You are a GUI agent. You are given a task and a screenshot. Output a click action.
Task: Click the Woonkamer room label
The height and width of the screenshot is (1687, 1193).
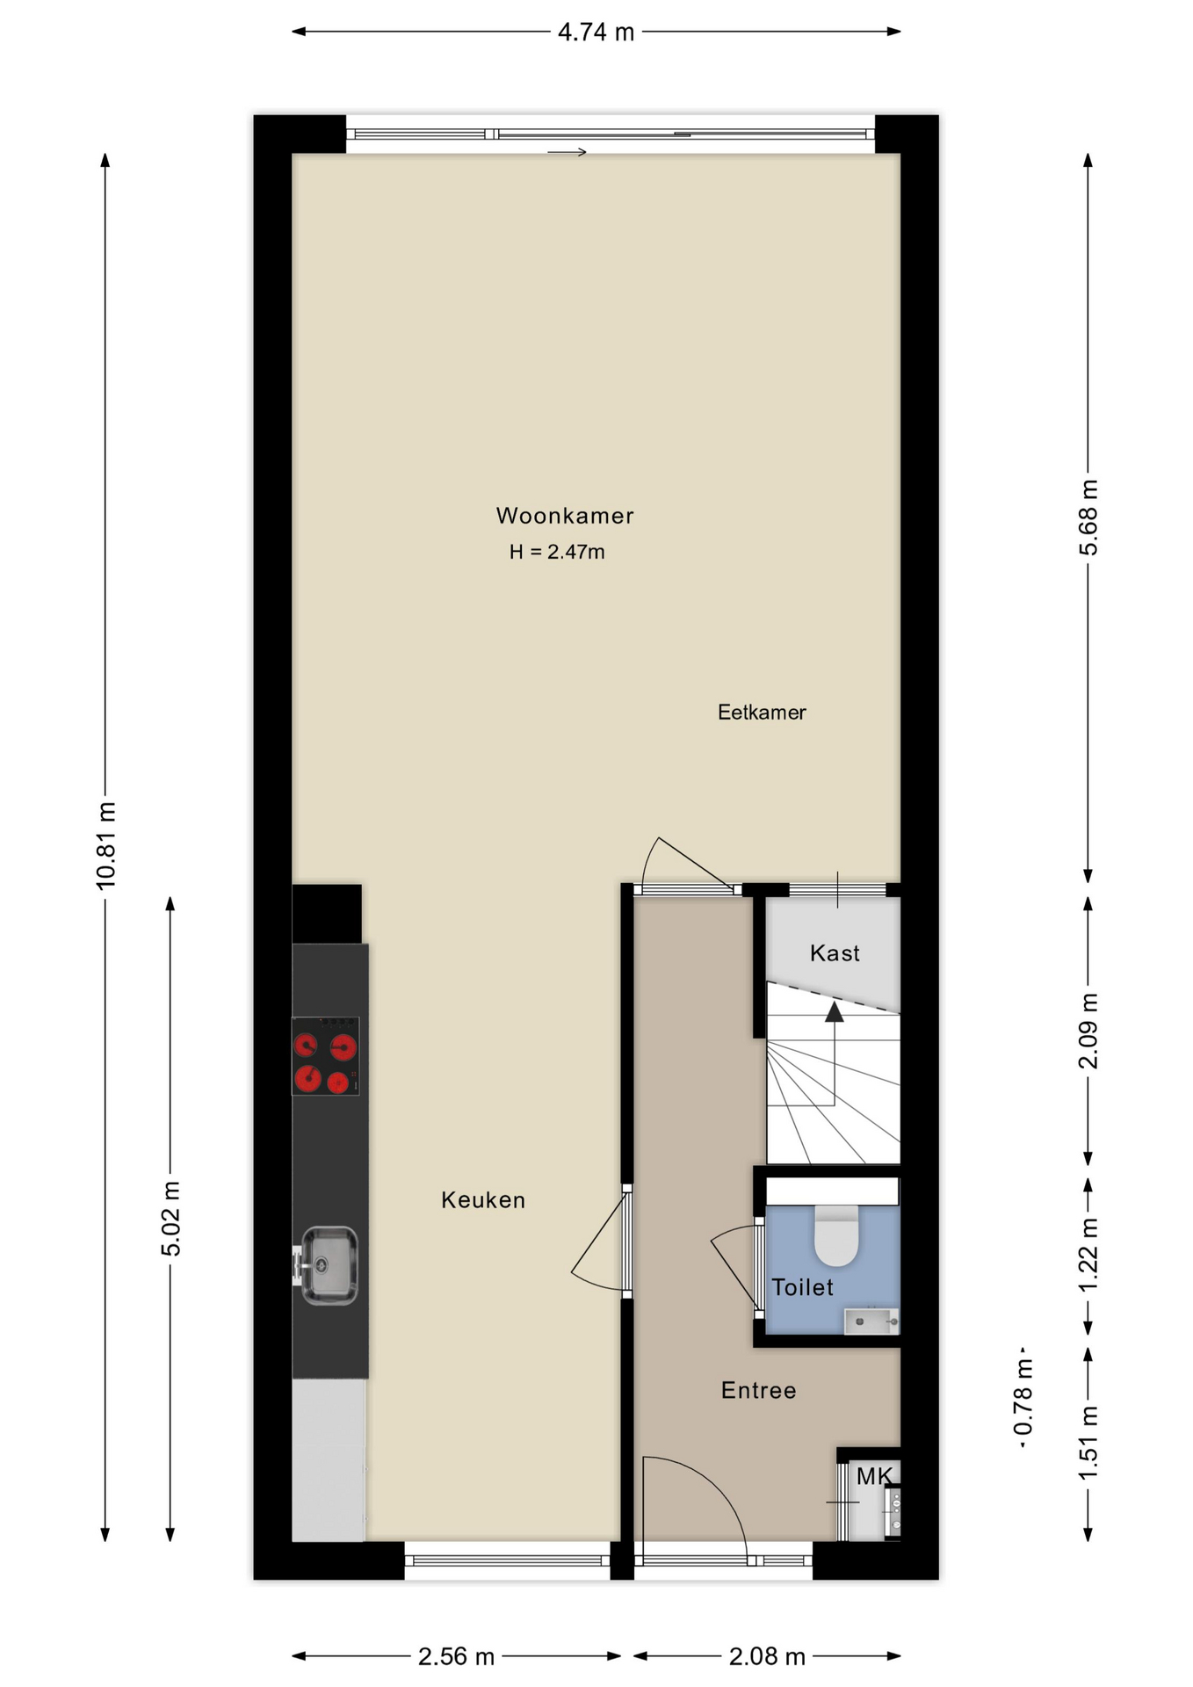pyautogui.click(x=565, y=516)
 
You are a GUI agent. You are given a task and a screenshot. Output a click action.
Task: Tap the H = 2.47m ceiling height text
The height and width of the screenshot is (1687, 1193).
pyautogui.click(x=557, y=552)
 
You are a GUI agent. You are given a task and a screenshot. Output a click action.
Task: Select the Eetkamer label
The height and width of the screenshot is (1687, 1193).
pyautogui.click(x=762, y=713)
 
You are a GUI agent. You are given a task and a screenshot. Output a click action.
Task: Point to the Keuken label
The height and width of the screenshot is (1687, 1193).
pyautogui.click(x=483, y=1200)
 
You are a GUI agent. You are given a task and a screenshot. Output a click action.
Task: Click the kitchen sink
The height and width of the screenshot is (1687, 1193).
pyautogui.click(x=329, y=1265)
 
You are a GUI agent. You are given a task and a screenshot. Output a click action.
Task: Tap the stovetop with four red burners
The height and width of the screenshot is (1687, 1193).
pyautogui.click(x=325, y=1056)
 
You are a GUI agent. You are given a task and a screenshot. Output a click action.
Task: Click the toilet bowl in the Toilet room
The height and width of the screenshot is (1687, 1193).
pyautogui.click(x=836, y=1235)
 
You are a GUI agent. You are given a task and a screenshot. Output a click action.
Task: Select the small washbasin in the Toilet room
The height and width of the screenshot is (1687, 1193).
pyautogui.click(x=871, y=1321)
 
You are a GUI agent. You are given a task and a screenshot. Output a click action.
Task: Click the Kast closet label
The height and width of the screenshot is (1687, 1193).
pyautogui.click(x=835, y=953)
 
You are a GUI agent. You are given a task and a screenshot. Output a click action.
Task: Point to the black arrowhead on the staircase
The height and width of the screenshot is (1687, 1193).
pyautogui.click(x=834, y=1012)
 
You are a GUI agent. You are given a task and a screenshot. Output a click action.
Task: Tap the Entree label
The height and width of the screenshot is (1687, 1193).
pyautogui.click(x=759, y=1391)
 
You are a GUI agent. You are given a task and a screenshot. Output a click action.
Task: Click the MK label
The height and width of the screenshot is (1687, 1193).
pyautogui.click(x=874, y=1477)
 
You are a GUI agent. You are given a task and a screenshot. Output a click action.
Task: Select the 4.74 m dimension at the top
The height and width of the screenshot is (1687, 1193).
pyautogui.click(x=596, y=33)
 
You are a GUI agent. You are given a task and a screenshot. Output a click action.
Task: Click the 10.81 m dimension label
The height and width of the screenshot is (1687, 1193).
pyautogui.click(x=106, y=845)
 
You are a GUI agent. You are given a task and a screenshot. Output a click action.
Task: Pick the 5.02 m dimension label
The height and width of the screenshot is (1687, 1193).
pyautogui.click(x=171, y=1219)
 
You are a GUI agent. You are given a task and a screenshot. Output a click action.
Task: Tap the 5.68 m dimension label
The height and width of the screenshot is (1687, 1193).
pyautogui.click(x=1088, y=518)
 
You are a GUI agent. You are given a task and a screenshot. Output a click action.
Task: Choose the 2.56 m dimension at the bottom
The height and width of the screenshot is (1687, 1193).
pyautogui.click(x=456, y=1657)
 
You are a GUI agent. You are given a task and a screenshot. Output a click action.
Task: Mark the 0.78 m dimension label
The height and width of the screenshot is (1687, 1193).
pyautogui.click(x=1023, y=1397)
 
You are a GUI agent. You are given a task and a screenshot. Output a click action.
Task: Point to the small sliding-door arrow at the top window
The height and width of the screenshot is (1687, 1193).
pyautogui.click(x=567, y=152)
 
